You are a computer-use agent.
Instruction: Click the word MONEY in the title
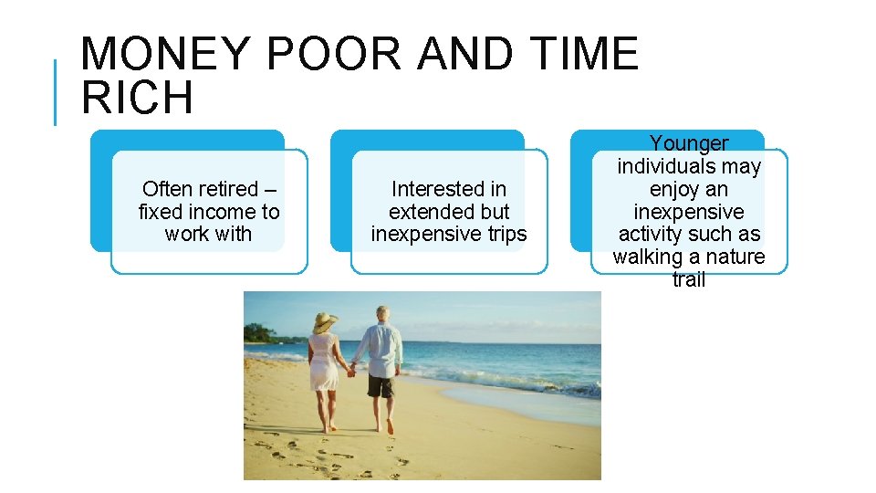click(164, 54)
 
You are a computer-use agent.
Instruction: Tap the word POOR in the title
click(334, 54)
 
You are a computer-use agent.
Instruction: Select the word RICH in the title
click(137, 98)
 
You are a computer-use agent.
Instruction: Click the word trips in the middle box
click(503, 234)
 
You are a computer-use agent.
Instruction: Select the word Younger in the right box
click(689, 143)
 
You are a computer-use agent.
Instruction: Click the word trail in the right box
click(689, 279)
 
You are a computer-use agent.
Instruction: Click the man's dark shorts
click(381, 384)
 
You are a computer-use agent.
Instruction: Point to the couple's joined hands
click(350, 372)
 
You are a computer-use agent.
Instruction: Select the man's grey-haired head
click(382, 314)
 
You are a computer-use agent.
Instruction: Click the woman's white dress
click(325, 365)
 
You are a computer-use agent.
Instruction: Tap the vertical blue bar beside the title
click(56, 92)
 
